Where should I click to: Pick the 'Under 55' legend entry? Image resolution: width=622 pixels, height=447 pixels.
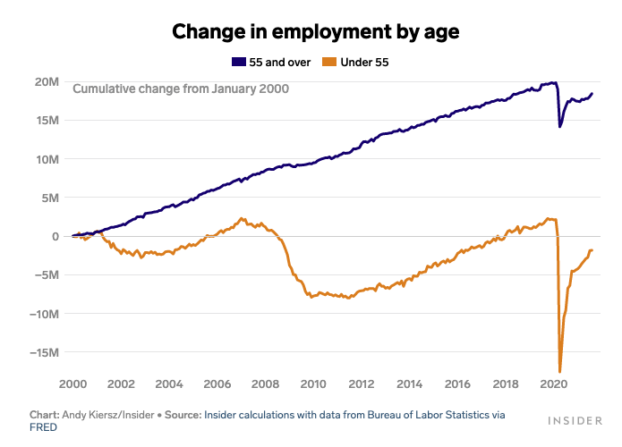click(363, 62)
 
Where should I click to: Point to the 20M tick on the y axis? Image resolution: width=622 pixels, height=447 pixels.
click(47, 82)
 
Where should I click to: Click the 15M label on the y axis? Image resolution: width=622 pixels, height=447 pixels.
click(47, 121)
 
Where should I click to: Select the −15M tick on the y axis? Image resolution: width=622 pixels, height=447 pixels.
click(45, 352)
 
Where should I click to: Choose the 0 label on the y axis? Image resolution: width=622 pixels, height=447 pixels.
click(55, 236)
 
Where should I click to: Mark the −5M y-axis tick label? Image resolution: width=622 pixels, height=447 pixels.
click(47, 275)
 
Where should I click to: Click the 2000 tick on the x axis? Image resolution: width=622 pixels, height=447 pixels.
click(72, 384)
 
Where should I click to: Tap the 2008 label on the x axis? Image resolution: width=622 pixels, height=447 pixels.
click(265, 384)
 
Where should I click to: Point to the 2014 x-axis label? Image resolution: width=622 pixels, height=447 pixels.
click(410, 384)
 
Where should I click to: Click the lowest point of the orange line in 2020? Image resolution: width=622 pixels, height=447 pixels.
click(560, 371)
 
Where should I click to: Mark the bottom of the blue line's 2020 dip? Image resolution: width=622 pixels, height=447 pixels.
click(560, 126)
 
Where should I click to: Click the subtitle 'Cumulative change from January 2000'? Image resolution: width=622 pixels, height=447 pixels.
click(181, 89)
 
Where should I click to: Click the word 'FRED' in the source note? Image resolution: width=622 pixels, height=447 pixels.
click(43, 427)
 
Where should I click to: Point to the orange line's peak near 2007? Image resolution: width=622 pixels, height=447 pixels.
click(242, 218)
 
